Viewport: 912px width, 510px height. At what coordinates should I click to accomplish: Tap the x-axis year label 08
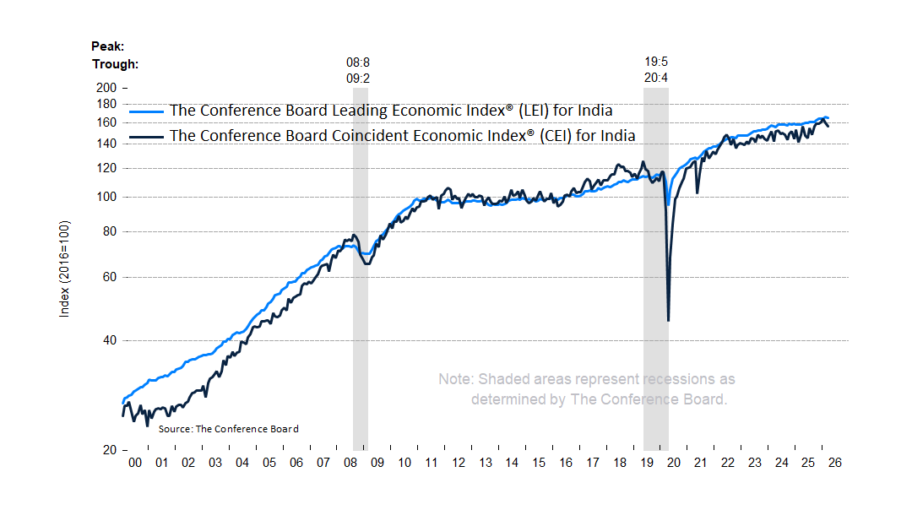pos(350,463)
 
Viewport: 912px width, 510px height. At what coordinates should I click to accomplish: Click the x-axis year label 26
pos(835,463)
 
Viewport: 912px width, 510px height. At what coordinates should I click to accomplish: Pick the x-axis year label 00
pos(133,463)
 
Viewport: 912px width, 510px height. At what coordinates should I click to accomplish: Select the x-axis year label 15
pos(539,463)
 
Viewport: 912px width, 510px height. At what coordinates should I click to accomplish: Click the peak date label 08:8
pos(358,62)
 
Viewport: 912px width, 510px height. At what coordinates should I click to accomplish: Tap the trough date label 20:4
pos(656,78)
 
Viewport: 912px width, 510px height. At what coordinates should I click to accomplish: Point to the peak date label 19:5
pos(656,62)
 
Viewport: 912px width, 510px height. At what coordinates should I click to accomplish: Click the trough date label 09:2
pos(358,78)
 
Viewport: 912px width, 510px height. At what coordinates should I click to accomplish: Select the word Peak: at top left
pos(107,46)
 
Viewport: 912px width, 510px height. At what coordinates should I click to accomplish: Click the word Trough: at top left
pos(115,63)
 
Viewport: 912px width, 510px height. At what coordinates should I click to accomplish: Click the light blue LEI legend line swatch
pos(146,111)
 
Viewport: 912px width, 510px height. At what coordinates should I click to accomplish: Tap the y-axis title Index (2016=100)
pos(64,269)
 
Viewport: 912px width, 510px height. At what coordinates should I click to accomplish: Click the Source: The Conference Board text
pos(228,429)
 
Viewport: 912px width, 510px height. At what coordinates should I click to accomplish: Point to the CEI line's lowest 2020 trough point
pos(669,320)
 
